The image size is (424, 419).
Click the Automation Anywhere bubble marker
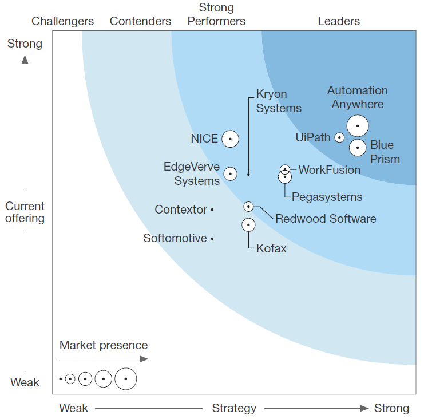(x=358, y=125)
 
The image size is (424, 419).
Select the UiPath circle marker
(x=339, y=137)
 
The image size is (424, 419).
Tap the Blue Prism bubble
(x=358, y=148)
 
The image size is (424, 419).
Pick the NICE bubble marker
(x=230, y=139)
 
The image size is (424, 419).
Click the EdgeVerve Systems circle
(x=230, y=173)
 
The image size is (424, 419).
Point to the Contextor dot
(x=212, y=210)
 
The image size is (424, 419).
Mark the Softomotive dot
(x=212, y=238)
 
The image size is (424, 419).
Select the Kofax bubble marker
(x=248, y=225)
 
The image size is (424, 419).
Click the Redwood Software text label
(x=326, y=219)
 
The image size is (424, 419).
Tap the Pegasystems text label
(x=327, y=197)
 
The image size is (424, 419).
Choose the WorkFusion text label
(x=330, y=170)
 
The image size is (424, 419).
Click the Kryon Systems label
(x=279, y=101)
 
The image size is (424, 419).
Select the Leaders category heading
(x=339, y=22)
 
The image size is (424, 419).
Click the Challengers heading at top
(x=63, y=22)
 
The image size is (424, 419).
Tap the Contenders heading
(x=140, y=22)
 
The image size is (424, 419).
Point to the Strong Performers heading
(x=217, y=15)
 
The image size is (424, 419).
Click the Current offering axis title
(x=25, y=212)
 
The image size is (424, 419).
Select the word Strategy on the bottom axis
(x=234, y=408)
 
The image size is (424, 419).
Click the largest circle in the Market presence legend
(x=125, y=379)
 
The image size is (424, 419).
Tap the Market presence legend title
(x=104, y=345)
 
